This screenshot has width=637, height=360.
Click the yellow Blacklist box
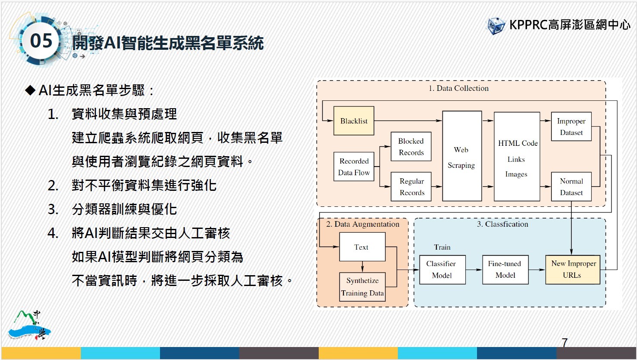click(x=354, y=121)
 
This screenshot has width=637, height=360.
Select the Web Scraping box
click(x=462, y=156)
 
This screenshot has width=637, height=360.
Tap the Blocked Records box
click(x=411, y=147)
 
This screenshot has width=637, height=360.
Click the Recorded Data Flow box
click(x=354, y=167)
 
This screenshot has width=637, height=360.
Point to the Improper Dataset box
click(x=571, y=126)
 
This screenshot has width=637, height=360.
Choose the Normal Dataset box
click(x=571, y=186)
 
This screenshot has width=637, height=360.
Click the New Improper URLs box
click(x=573, y=270)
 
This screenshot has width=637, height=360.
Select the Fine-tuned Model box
click(x=506, y=270)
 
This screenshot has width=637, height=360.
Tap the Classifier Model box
click(x=442, y=270)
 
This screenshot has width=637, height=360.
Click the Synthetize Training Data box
click(x=362, y=287)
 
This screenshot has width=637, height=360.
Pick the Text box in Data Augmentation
click(x=362, y=247)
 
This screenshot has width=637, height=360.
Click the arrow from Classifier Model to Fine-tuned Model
click(x=474, y=270)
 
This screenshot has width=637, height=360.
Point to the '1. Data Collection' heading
click(x=458, y=88)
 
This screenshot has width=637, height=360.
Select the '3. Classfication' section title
click(x=503, y=224)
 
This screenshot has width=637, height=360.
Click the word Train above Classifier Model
click(x=442, y=247)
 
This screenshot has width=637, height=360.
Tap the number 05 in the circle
click(x=41, y=41)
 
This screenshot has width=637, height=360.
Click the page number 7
click(x=565, y=342)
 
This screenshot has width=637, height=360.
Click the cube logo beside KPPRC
click(x=496, y=26)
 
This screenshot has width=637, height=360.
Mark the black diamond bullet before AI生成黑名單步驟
click(x=30, y=90)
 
